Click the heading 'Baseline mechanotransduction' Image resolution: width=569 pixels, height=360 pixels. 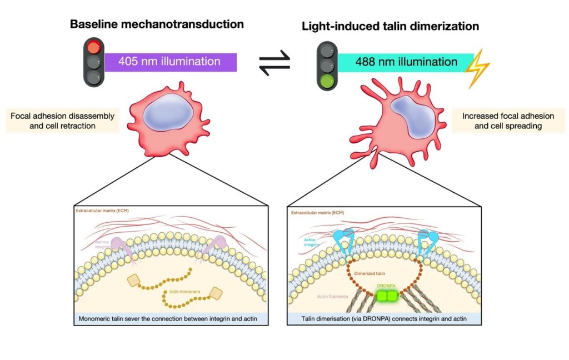click(x=156, y=24)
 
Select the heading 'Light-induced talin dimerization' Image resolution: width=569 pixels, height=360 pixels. click(x=390, y=26)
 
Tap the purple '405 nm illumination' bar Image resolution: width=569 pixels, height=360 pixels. click(x=171, y=62)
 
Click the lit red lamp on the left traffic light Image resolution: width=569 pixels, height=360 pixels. click(x=94, y=46)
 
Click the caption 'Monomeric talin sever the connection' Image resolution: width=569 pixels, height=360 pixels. click(x=172, y=319)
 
